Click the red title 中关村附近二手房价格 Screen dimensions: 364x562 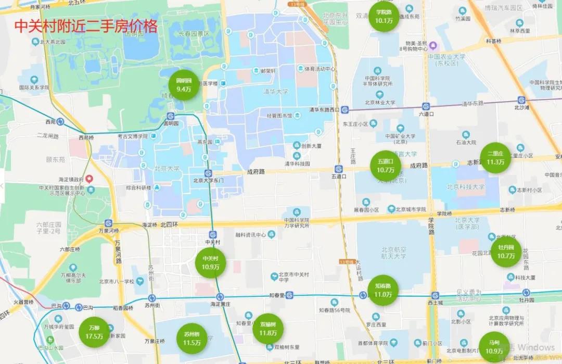click(86, 27)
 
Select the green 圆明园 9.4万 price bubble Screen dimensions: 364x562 click(184, 85)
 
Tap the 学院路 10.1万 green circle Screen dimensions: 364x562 click(384, 17)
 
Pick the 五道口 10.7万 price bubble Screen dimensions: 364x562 click(386, 166)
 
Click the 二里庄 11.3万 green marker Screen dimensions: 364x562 click(495, 158)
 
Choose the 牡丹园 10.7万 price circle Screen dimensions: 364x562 click(506, 252)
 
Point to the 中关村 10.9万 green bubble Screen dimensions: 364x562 click(210, 262)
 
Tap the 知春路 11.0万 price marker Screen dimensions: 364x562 click(383, 290)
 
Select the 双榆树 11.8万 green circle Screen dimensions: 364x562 click(268, 329)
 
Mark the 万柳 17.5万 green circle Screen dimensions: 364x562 click(94, 332)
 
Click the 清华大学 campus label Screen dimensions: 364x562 click(276, 92)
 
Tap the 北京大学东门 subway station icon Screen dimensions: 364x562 click(208, 173)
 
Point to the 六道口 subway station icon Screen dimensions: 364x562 click(426, 106)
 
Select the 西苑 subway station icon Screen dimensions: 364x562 click(60, 122)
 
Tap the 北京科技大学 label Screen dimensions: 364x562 click(465, 186)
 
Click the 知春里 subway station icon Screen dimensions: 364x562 click(289, 295)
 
